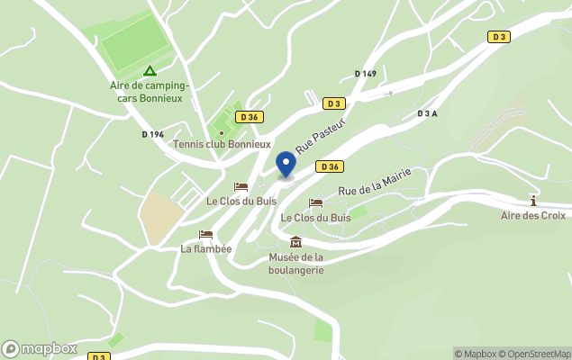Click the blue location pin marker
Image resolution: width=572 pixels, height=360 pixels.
tap(286, 165)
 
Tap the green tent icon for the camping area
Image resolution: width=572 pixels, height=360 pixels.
tap(149, 71)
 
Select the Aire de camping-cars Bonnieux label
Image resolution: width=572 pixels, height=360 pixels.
tap(149, 91)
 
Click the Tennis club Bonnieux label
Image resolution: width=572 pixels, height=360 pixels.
tap(222, 144)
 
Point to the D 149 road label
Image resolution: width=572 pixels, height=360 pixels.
tap(365, 74)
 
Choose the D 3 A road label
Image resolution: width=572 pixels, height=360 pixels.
tap(427, 113)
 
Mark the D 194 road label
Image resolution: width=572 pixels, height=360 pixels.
tap(153, 134)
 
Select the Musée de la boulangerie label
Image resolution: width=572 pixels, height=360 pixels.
tap(295, 264)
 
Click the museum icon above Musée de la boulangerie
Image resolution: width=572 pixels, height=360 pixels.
tap(295, 241)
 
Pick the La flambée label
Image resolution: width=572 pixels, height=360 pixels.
tap(206, 249)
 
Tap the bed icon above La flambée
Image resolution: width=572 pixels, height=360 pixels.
tap(206, 234)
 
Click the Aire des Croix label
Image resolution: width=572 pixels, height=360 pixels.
tap(533, 215)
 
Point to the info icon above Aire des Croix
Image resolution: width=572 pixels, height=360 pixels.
tap(533, 200)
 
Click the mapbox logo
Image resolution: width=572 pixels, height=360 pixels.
tap(40, 348)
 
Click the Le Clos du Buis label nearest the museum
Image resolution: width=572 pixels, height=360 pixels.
tap(315, 218)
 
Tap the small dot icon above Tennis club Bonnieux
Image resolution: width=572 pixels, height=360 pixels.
tap(222, 133)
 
